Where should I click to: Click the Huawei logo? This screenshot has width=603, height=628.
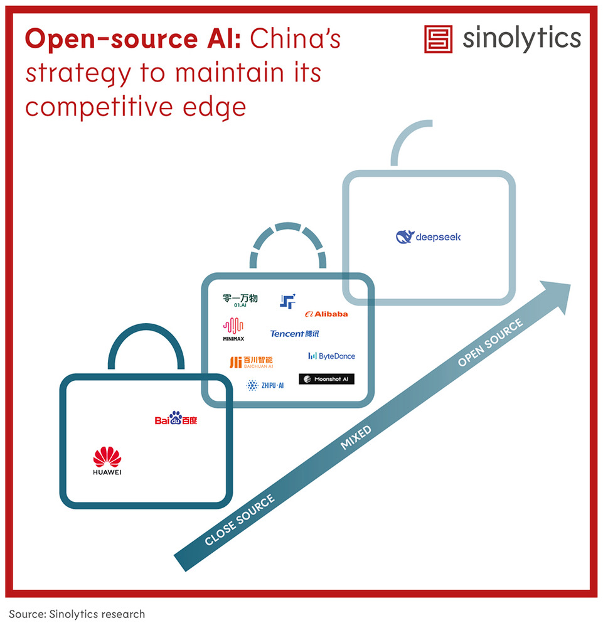pyautogui.click(x=107, y=460)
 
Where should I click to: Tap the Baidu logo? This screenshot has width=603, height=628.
pyautogui.click(x=176, y=418)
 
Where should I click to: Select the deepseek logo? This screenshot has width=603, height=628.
pyautogui.click(x=429, y=237)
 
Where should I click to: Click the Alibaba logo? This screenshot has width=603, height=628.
pyautogui.click(x=326, y=314)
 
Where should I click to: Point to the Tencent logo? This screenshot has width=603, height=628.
pyautogui.click(x=295, y=334)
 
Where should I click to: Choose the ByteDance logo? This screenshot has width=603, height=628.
pyautogui.click(x=331, y=356)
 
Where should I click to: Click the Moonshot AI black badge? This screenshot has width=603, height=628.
pyautogui.click(x=326, y=379)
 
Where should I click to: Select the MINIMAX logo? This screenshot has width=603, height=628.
pyautogui.click(x=233, y=329)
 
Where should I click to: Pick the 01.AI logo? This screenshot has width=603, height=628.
pyautogui.click(x=240, y=300)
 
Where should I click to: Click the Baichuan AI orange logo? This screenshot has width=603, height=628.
pyautogui.click(x=251, y=362)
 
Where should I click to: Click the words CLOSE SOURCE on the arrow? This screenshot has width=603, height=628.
pyautogui.click(x=240, y=520)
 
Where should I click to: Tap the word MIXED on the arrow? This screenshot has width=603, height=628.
pyautogui.click(x=356, y=438)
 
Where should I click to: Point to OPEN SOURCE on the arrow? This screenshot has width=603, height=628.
pyautogui.click(x=490, y=343)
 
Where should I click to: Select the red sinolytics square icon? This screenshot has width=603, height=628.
pyautogui.click(x=439, y=39)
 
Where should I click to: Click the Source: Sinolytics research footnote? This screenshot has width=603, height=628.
pyautogui.click(x=77, y=614)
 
